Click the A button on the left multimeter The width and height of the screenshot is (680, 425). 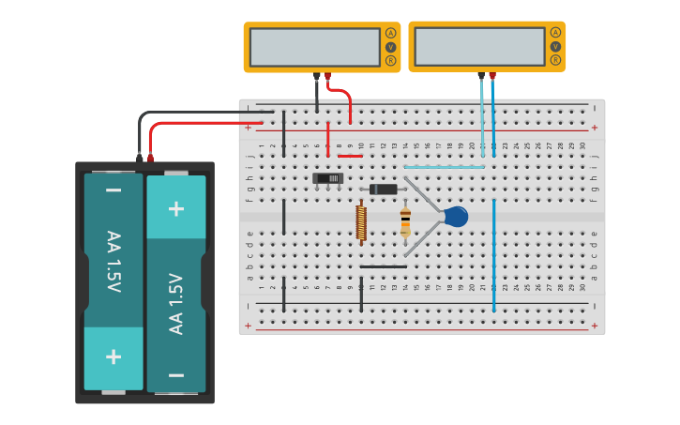[390, 33]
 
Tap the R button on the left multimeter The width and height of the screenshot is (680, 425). [390, 61]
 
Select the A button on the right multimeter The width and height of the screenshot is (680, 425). [555, 33]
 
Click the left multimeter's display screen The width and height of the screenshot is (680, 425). [315, 47]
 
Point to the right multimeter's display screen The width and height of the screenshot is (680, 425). [479, 46]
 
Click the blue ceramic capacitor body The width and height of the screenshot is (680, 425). [456, 217]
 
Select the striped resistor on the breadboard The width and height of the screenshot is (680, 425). [405, 222]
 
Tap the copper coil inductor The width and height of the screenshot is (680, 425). [361, 223]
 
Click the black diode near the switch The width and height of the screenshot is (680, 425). [383, 190]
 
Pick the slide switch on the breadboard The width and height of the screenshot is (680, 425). [327, 177]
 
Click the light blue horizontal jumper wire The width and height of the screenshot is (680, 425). [445, 167]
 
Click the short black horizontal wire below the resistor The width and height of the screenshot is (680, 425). [384, 266]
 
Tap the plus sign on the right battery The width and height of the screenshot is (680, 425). [175, 207]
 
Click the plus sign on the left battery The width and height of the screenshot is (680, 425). [113, 357]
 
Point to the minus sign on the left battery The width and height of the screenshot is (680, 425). [113, 191]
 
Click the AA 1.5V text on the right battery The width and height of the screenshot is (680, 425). [175, 303]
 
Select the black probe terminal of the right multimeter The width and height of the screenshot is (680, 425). [481, 75]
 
